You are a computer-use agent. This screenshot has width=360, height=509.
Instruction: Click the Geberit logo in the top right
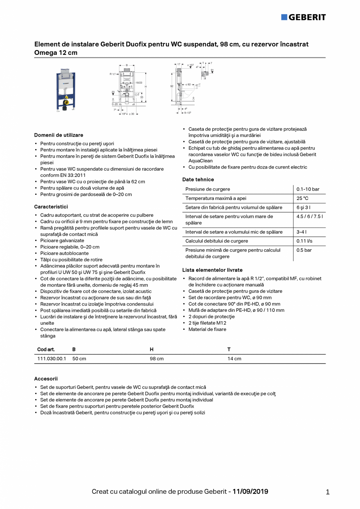[303, 17]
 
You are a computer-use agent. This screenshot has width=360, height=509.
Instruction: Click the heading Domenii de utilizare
[59, 135]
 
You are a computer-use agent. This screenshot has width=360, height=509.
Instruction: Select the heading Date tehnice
[198, 180]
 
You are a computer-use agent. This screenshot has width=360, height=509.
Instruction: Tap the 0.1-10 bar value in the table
[308, 189]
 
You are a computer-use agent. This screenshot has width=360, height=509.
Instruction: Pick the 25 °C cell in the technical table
[302, 198]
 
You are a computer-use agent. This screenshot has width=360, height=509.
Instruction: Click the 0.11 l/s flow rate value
[304, 241]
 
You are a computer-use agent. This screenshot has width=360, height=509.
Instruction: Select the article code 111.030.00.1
[52, 359]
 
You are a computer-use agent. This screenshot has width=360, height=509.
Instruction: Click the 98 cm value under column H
[157, 359]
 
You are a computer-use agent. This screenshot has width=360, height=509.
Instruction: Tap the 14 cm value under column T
[234, 359]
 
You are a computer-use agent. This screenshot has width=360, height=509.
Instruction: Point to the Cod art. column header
[46, 349]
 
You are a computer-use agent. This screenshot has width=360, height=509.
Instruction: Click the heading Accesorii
[46, 379]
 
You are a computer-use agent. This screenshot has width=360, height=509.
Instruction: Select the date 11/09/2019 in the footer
[250, 491]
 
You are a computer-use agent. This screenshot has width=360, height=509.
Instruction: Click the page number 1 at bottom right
[328, 492]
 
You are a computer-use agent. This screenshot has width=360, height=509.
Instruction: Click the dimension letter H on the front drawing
[146, 86]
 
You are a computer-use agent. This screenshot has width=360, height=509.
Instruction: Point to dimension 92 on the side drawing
[172, 86]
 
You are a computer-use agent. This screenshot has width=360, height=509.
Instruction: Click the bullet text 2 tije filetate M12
[207, 323]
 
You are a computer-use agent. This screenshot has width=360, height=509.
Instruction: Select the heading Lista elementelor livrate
[212, 270]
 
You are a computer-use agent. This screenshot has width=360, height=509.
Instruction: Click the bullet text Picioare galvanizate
[62, 241]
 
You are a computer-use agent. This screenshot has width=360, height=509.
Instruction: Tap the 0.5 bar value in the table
[304, 250]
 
